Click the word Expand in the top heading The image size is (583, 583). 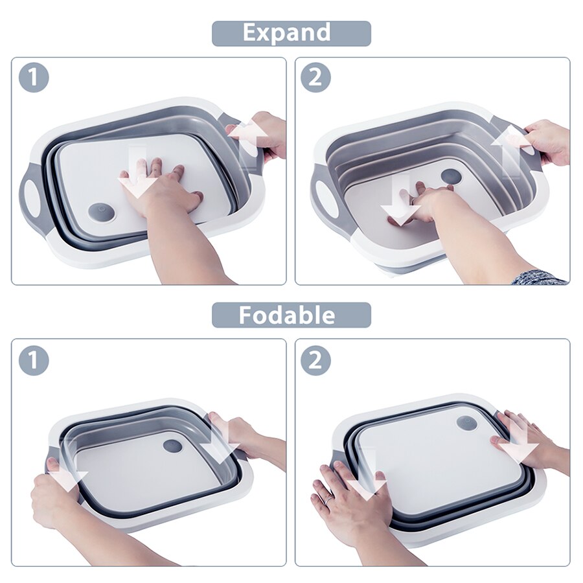291,33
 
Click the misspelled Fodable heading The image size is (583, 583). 291,315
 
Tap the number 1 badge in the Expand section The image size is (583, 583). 34,77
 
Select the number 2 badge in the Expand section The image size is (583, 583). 315,77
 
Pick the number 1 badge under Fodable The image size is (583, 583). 34,360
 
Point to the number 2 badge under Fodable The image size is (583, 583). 315,360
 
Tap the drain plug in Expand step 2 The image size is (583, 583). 451,176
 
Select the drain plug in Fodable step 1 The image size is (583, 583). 172,446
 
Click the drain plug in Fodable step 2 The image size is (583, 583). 466,423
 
